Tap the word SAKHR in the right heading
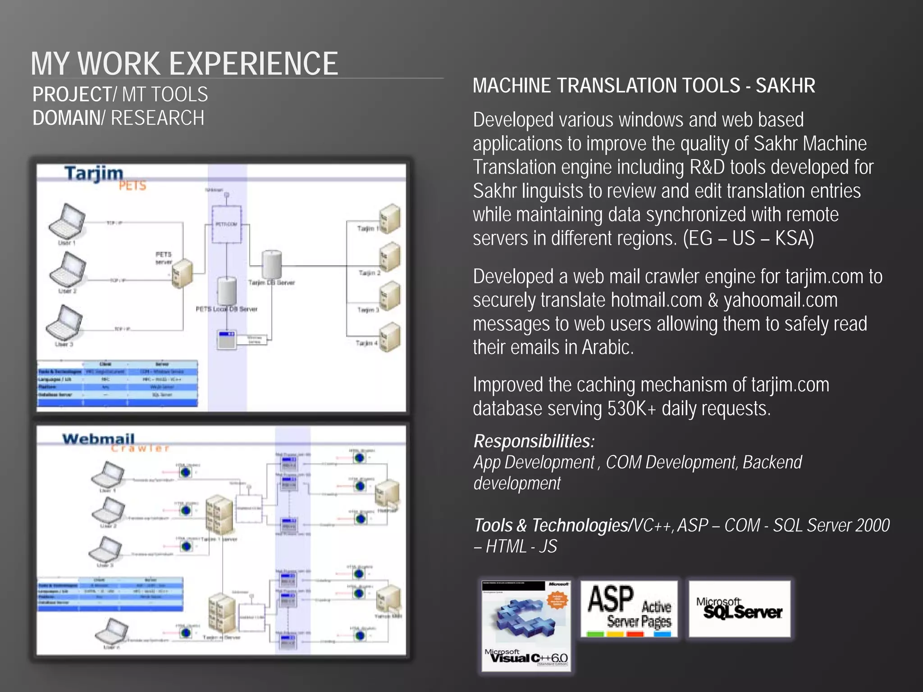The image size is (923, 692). tap(785, 86)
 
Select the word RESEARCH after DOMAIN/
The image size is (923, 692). tap(157, 118)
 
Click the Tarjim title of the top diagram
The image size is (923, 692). tap(94, 173)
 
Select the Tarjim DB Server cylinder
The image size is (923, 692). tap(272, 264)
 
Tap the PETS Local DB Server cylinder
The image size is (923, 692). tap(227, 291)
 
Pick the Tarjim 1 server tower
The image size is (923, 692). tap(389, 219)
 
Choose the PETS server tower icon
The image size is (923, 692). tap(182, 273)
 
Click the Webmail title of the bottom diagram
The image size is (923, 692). tap(98, 438)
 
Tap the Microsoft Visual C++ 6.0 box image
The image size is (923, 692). tap(526, 625)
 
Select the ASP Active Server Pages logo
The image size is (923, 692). tap(629, 608)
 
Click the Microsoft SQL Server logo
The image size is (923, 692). tap(739, 608)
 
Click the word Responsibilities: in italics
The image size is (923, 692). tap(534, 441)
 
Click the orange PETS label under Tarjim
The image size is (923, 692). tap(133, 186)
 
